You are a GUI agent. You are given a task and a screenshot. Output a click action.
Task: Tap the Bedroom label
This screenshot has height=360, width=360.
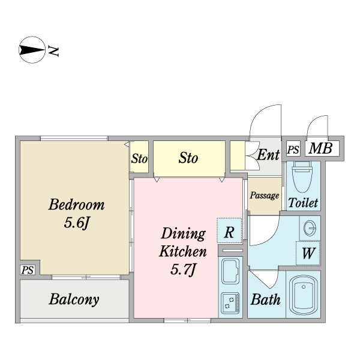tap(76, 205)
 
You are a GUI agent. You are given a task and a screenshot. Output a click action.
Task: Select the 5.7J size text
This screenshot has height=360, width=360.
tap(183, 269)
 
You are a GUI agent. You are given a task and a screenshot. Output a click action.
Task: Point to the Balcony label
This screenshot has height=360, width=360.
tap(74, 299)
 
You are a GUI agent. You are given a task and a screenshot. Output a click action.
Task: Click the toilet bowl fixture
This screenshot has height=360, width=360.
tap(302, 177)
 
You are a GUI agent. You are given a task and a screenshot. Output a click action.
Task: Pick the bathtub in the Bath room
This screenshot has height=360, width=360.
tap(303, 295)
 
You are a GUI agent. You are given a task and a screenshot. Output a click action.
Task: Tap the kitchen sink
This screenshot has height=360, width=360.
tap(230, 271)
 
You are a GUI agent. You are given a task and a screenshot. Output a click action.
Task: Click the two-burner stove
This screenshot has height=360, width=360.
tap(230, 303)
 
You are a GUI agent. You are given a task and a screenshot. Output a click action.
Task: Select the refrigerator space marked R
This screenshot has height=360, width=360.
tap(229, 230)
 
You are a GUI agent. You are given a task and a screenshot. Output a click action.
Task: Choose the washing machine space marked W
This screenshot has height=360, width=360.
tap(308, 253)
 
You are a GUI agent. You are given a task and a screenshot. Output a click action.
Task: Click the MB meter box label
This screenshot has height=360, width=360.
tap(320, 148)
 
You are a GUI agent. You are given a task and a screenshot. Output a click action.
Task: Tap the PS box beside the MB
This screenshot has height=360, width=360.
tap(293, 149)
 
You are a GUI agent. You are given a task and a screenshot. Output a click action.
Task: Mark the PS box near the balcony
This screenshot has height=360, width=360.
tap(28, 270)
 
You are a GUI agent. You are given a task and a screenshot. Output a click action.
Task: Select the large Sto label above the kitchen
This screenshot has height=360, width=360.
tap(188, 158)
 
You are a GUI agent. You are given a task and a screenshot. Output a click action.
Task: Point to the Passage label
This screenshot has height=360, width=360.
tap(265, 196)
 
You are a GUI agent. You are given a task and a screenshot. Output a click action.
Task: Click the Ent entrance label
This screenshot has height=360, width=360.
tap(268, 155)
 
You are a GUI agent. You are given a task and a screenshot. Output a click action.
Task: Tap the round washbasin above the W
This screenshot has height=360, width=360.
tap(310, 228)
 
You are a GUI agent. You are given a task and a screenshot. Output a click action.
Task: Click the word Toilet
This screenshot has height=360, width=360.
tap(303, 203)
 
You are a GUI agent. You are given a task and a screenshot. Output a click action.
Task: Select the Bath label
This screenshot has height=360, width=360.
tap(265, 299)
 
